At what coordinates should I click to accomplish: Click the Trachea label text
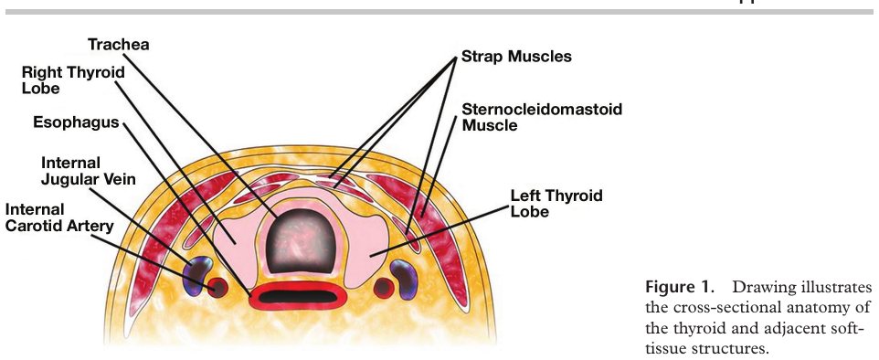[x=118, y=44]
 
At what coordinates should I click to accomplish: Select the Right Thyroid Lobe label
[x=73, y=80]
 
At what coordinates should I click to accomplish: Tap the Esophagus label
[x=76, y=122]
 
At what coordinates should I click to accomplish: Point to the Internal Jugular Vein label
[x=88, y=171]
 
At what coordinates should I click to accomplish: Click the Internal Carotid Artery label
[x=59, y=217]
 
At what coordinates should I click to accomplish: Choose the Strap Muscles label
[x=516, y=57]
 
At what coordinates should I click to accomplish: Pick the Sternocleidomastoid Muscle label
[x=542, y=117]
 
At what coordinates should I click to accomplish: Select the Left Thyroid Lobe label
[x=556, y=203]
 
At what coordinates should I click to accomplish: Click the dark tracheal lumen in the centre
[x=301, y=242]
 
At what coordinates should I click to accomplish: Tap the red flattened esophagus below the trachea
[x=298, y=296]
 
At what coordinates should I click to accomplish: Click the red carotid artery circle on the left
[x=217, y=288]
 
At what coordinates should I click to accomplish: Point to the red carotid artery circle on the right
[x=384, y=288]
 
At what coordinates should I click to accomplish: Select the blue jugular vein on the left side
[x=196, y=276]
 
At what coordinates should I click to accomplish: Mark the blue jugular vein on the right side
[x=404, y=279]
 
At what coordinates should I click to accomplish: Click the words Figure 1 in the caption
[x=678, y=288]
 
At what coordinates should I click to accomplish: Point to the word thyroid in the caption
[x=688, y=328]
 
